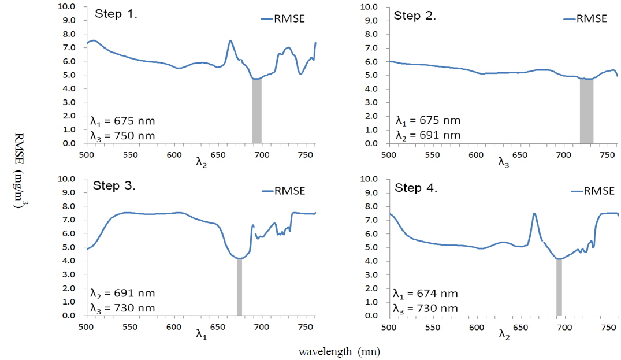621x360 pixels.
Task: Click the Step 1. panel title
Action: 116,14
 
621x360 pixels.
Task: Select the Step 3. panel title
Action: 114,185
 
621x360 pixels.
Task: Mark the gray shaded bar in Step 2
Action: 586,111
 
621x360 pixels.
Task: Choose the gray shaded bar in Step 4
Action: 559,287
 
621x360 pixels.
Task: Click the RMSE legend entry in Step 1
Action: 283,18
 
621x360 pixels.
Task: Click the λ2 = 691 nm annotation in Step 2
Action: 428,135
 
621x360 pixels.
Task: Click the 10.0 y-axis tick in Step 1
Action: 68,7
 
